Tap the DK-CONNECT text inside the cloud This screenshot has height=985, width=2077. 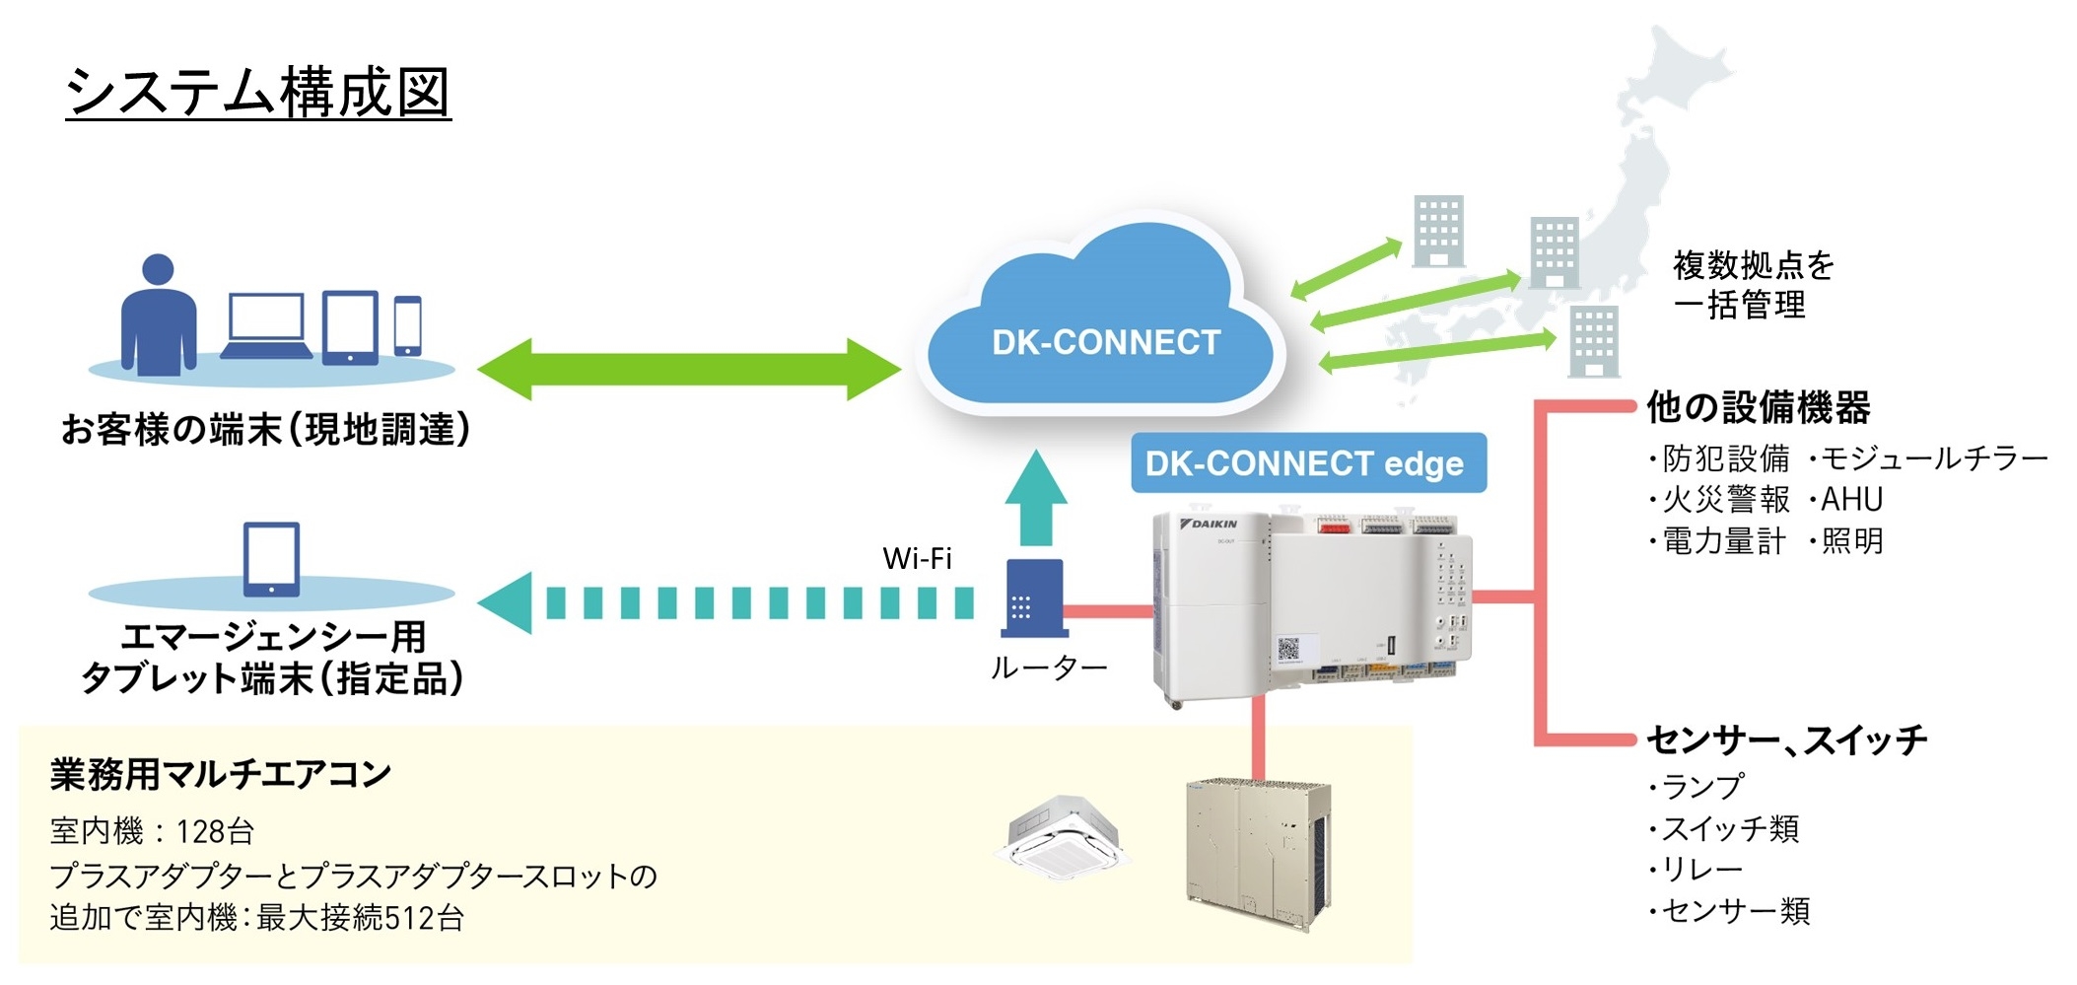pos(1105,342)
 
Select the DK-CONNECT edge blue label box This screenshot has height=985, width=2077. pos(1307,463)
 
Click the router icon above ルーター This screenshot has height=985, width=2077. pos(1033,598)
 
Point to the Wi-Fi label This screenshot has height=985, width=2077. pos(917,559)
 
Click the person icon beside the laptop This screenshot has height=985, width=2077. pos(158,315)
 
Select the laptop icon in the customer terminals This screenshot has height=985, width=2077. pos(266,325)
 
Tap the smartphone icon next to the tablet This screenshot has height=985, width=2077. pos(408,324)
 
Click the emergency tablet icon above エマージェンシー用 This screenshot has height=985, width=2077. pos(271,559)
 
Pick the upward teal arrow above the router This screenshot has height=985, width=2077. pos(1035,498)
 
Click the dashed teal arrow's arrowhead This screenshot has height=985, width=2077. pos(507,602)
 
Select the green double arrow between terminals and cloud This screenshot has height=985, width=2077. pos(688,369)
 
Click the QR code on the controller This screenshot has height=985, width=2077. pos(1288,649)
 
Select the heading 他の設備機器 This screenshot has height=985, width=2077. pos(1759,406)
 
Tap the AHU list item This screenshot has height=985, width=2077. pos(1850,500)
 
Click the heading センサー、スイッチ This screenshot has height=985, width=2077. pos(1786,739)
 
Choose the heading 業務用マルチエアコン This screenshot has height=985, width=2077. pos(221,775)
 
